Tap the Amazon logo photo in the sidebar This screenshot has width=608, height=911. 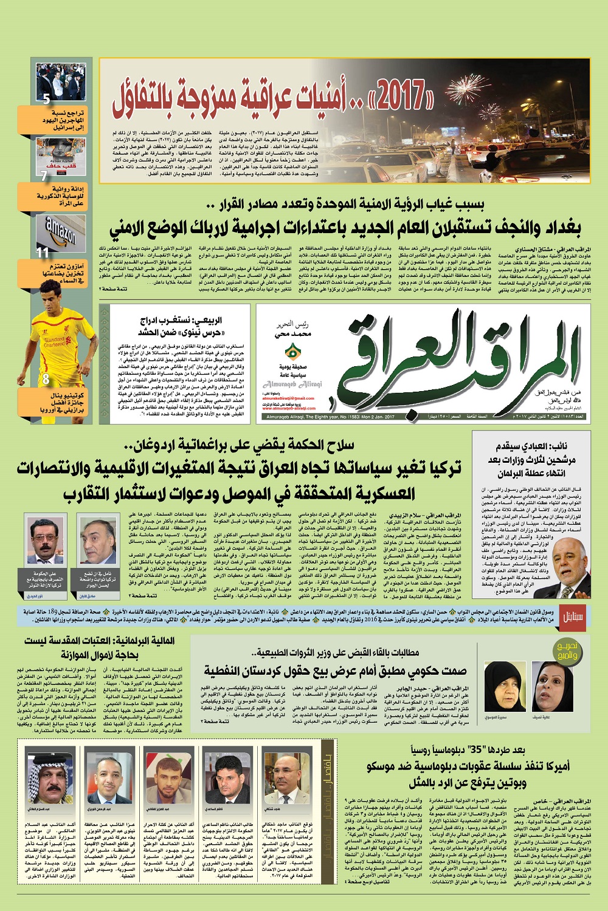point(60,230)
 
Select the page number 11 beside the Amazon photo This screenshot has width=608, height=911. point(43,253)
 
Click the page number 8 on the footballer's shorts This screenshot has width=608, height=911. point(46,379)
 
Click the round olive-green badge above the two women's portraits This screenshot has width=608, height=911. point(567,652)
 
